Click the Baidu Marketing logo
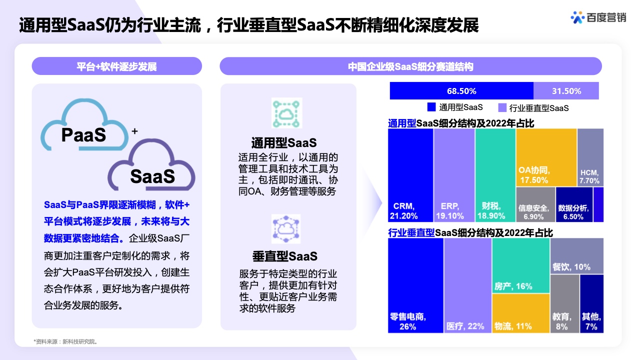tap(598, 17)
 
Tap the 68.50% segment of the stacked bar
tap(461, 91)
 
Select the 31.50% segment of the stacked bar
tap(566, 91)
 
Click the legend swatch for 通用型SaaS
tap(431, 107)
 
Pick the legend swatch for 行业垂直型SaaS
tap(502, 107)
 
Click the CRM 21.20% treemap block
tap(410, 175)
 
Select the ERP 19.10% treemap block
tap(454, 175)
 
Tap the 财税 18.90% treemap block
tap(495, 175)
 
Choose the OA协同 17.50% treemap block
tap(546, 157)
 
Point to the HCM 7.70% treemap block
tap(590, 157)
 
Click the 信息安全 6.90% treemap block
tap(535, 204)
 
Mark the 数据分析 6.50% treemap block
tap(574, 204)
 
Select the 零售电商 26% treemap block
tap(415, 285)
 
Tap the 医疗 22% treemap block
tap(467, 285)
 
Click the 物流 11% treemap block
tap(521, 313)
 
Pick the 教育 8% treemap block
tap(565, 303)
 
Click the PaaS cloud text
tap(83, 135)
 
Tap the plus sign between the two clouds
tap(134, 131)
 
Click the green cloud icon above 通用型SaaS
tap(286, 113)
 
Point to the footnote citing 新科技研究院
tap(65, 341)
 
